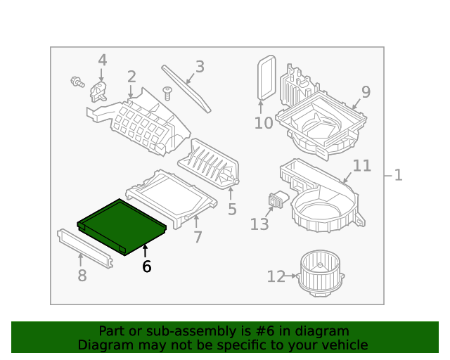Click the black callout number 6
click(x=146, y=266)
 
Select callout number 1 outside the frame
click(x=398, y=174)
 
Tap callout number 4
click(x=102, y=60)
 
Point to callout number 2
click(x=131, y=77)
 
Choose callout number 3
click(x=200, y=67)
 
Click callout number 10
click(x=263, y=123)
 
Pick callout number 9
click(x=366, y=91)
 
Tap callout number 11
click(x=361, y=166)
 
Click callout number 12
click(x=276, y=277)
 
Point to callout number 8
click(x=82, y=276)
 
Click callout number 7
click(x=198, y=237)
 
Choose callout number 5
click(x=232, y=210)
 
